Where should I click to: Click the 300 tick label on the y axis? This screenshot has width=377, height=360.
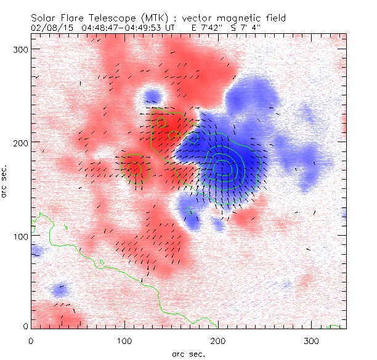tap(22, 48)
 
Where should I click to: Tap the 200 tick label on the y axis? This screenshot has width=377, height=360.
tap(22, 142)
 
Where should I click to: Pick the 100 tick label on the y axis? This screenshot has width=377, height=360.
tap(22, 236)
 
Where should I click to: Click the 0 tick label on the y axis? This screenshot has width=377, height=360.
tap(26, 326)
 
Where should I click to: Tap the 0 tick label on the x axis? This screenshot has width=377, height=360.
tap(31, 340)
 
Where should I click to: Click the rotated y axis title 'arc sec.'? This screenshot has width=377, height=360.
tap(7, 180)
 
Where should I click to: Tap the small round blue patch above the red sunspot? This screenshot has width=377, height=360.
tap(150, 96)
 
